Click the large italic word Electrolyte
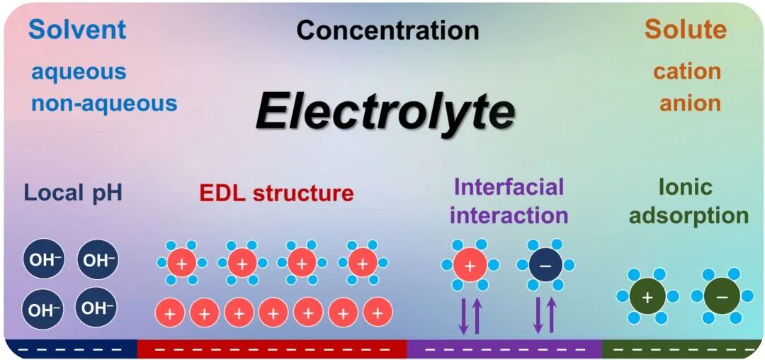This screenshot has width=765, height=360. tap(385, 112)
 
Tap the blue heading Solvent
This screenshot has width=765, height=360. tap(77, 29)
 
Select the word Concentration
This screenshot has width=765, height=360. tap(387, 30)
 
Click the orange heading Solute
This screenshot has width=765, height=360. tap(685, 29)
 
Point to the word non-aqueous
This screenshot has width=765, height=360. tap(103, 103)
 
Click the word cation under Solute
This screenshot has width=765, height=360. tap(686, 71)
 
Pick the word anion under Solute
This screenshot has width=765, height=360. tap(690, 103)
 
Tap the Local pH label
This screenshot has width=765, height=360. tap(73, 192)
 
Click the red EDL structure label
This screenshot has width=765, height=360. tap(276, 192)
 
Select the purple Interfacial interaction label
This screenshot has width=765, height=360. tap(509, 201)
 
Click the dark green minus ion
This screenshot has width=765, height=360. tap(722, 296)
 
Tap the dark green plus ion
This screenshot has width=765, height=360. tap(647, 296)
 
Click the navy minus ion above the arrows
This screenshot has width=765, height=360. tap(545, 265)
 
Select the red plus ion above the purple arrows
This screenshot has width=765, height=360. tap(470, 265)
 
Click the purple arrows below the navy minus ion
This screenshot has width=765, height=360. tap(545, 315)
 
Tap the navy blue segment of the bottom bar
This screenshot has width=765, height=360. tap(70, 349)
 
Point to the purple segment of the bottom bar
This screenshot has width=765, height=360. tap(504, 349)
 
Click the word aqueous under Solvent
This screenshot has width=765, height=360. tap(79, 71)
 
